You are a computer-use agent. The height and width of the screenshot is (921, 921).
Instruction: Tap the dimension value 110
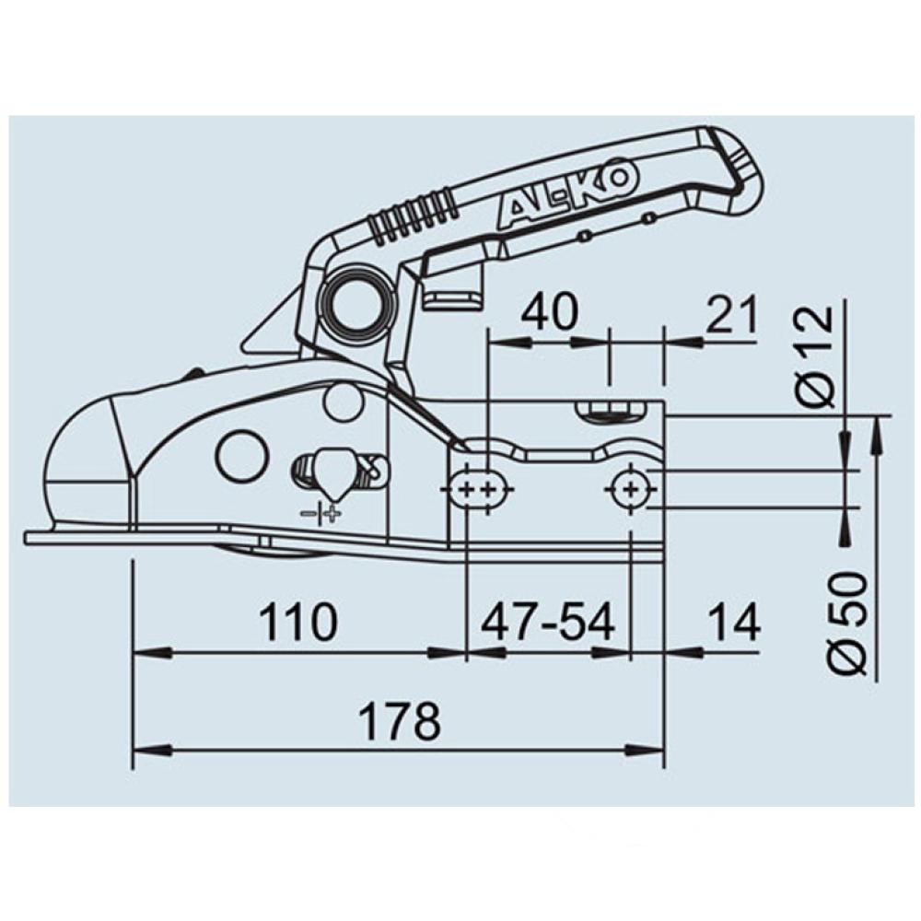[x=297, y=624]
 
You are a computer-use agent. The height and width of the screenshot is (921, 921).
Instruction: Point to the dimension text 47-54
[x=548, y=624]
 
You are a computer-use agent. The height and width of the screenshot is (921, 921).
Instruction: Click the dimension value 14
[x=734, y=624]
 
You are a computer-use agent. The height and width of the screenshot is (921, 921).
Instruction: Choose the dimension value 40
[x=550, y=313]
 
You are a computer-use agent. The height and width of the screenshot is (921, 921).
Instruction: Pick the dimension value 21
[x=733, y=313]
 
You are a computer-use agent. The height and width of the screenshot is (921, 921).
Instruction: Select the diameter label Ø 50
[x=845, y=623]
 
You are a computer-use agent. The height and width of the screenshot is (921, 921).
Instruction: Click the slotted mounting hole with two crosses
[x=481, y=489]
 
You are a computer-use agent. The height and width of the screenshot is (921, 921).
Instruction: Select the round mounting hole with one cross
[x=630, y=488]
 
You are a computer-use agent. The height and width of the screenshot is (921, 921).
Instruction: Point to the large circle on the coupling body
[x=242, y=455]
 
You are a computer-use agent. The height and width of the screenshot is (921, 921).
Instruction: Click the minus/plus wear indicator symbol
[x=321, y=513]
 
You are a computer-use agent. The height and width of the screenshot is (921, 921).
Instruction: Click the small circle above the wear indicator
[x=344, y=402]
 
